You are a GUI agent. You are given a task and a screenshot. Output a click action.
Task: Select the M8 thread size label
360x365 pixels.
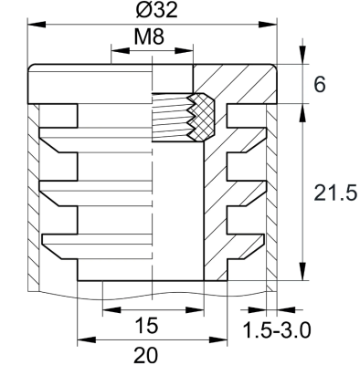(x=152, y=38)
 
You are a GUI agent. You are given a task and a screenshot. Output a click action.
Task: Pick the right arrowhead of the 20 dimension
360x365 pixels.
(x=219, y=340)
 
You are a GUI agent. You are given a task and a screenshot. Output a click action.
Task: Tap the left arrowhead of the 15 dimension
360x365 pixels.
(x=107, y=311)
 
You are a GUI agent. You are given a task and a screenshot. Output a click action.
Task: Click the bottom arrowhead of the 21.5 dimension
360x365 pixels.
(x=300, y=275)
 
